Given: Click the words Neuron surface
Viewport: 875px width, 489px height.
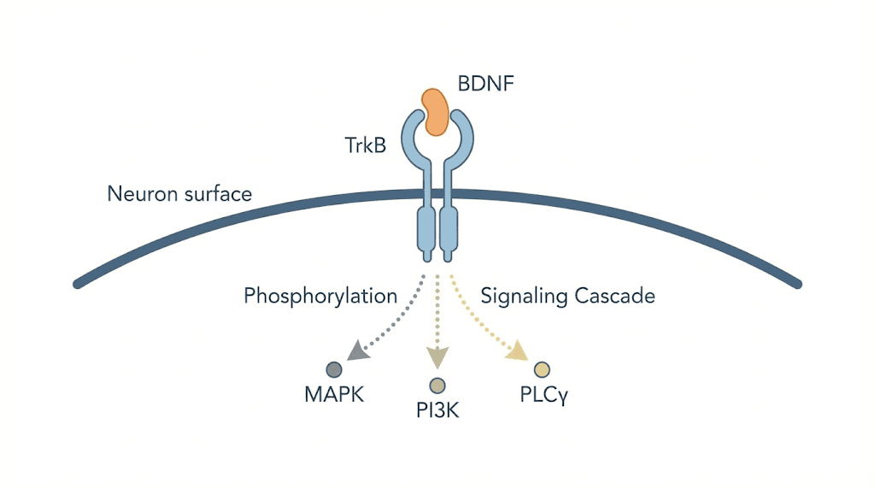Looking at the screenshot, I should pyautogui.click(x=179, y=194).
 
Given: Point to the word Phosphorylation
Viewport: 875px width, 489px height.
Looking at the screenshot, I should pyautogui.click(x=320, y=297).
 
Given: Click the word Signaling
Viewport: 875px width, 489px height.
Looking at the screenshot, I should pyautogui.click(x=524, y=297).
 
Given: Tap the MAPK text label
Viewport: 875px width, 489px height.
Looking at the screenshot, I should pyautogui.click(x=333, y=396).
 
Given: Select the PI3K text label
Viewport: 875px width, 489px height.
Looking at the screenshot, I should pyautogui.click(x=437, y=411).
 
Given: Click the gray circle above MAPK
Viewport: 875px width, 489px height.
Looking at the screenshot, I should pyautogui.click(x=334, y=369).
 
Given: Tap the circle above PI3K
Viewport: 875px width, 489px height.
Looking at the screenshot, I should pyautogui.click(x=437, y=385).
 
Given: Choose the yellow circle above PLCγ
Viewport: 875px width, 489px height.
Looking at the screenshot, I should pyautogui.click(x=541, y=369).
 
